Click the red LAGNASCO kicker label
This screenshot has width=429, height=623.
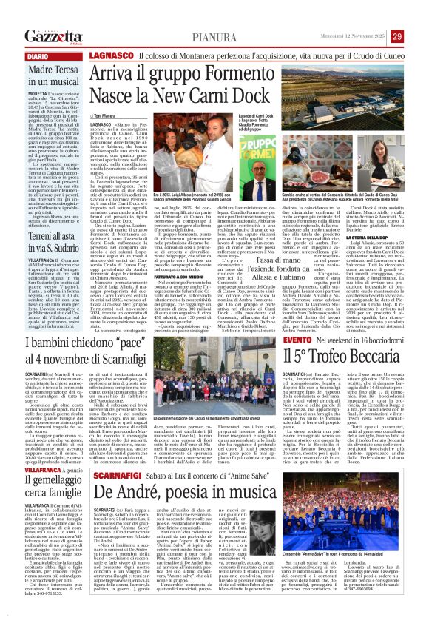(x=111, y=56)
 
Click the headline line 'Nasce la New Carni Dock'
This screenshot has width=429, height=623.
(x=179, y=97)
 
